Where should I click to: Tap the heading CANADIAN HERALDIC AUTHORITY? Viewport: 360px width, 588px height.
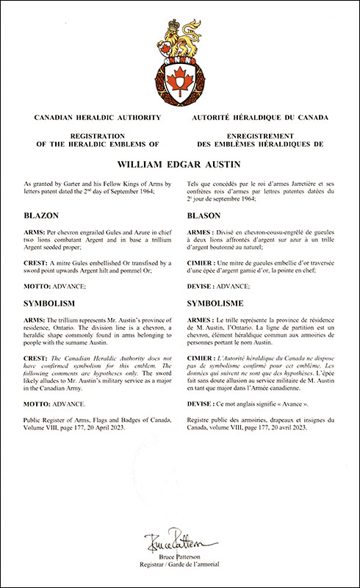coord(93,118)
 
